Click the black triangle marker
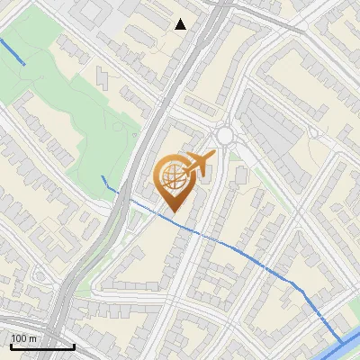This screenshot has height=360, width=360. [x=181, y=24]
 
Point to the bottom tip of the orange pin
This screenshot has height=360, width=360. [x=173, y=212]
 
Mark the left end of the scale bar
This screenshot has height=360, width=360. [x=11, y=346]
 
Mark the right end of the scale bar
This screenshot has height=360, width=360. [x=74, y=346]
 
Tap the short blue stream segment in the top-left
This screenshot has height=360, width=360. [x=13, y=51]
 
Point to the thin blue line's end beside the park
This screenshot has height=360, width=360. [x=103, y=177]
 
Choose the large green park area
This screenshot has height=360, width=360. [x=54, y=90]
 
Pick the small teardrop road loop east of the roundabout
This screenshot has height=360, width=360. [x=314, y=132]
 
